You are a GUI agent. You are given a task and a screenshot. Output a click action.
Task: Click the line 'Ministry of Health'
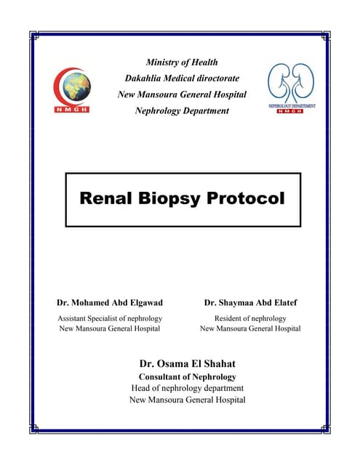click(x=182, y=62)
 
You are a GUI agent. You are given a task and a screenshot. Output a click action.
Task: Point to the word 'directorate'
click(x=212, y=78)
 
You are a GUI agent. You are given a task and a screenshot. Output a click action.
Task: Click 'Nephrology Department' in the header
click(x=182, y=110)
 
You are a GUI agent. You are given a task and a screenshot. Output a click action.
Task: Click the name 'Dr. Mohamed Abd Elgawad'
click(x=109, y=302)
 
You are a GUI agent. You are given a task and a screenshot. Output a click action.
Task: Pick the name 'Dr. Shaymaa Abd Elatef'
click(x=250, y=302)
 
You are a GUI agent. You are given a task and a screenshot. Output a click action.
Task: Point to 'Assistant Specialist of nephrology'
click(x=109, y=318)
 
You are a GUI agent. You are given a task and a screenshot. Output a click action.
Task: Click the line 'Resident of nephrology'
click(x=250, y=318)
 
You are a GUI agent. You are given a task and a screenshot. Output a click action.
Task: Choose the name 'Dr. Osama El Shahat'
click(x=187, y=363)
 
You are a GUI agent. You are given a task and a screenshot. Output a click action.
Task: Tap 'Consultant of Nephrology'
click(x=187, y=376)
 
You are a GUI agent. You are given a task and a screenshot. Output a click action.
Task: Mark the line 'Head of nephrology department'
click(x=187, y=388)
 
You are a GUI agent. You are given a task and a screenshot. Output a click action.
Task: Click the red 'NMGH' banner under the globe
click(x=71, y=109)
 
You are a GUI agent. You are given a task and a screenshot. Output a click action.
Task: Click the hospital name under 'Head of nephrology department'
click(x=187, y=400)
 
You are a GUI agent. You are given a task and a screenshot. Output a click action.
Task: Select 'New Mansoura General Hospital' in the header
click(x=182, y=94)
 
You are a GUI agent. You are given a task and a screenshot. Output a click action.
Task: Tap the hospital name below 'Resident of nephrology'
click(x=250, y=328)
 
